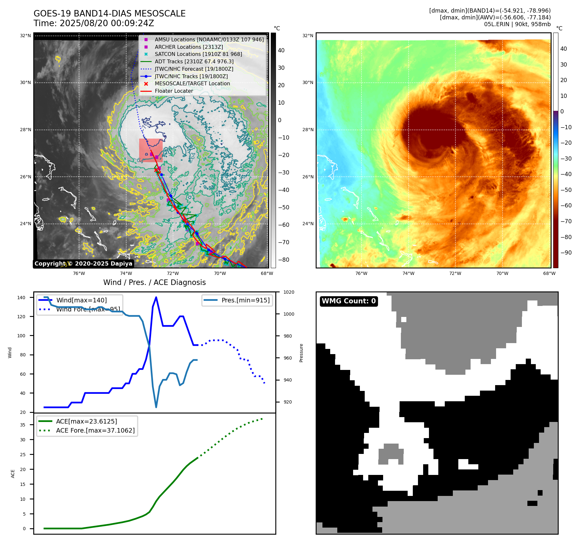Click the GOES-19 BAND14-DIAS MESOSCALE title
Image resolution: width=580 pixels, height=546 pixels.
109,14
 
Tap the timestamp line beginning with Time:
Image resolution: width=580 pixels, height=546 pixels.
94,23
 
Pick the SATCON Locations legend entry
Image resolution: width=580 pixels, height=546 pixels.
198,54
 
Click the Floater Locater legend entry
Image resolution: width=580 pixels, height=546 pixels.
174,91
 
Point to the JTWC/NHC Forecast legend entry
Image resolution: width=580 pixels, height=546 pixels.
194,69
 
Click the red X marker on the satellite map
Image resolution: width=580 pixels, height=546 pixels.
156,170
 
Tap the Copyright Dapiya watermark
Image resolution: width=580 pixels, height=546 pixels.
83,264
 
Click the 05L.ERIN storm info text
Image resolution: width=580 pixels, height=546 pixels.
517,24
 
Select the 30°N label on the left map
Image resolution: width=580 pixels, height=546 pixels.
25,83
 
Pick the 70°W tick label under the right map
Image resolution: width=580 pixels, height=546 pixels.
502,273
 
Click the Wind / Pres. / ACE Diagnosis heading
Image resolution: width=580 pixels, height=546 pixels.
154,282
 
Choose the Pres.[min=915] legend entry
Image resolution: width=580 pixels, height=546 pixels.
245,300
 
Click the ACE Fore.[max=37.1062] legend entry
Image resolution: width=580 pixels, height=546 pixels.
95,430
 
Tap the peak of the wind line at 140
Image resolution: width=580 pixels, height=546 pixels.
156,297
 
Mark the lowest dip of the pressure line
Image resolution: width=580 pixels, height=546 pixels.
156,407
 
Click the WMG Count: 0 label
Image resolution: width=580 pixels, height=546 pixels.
349,301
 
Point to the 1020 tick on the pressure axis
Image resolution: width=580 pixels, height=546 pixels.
289,292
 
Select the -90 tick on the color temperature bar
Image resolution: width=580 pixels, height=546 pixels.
566,253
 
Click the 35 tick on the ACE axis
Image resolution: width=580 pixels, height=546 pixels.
23,425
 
